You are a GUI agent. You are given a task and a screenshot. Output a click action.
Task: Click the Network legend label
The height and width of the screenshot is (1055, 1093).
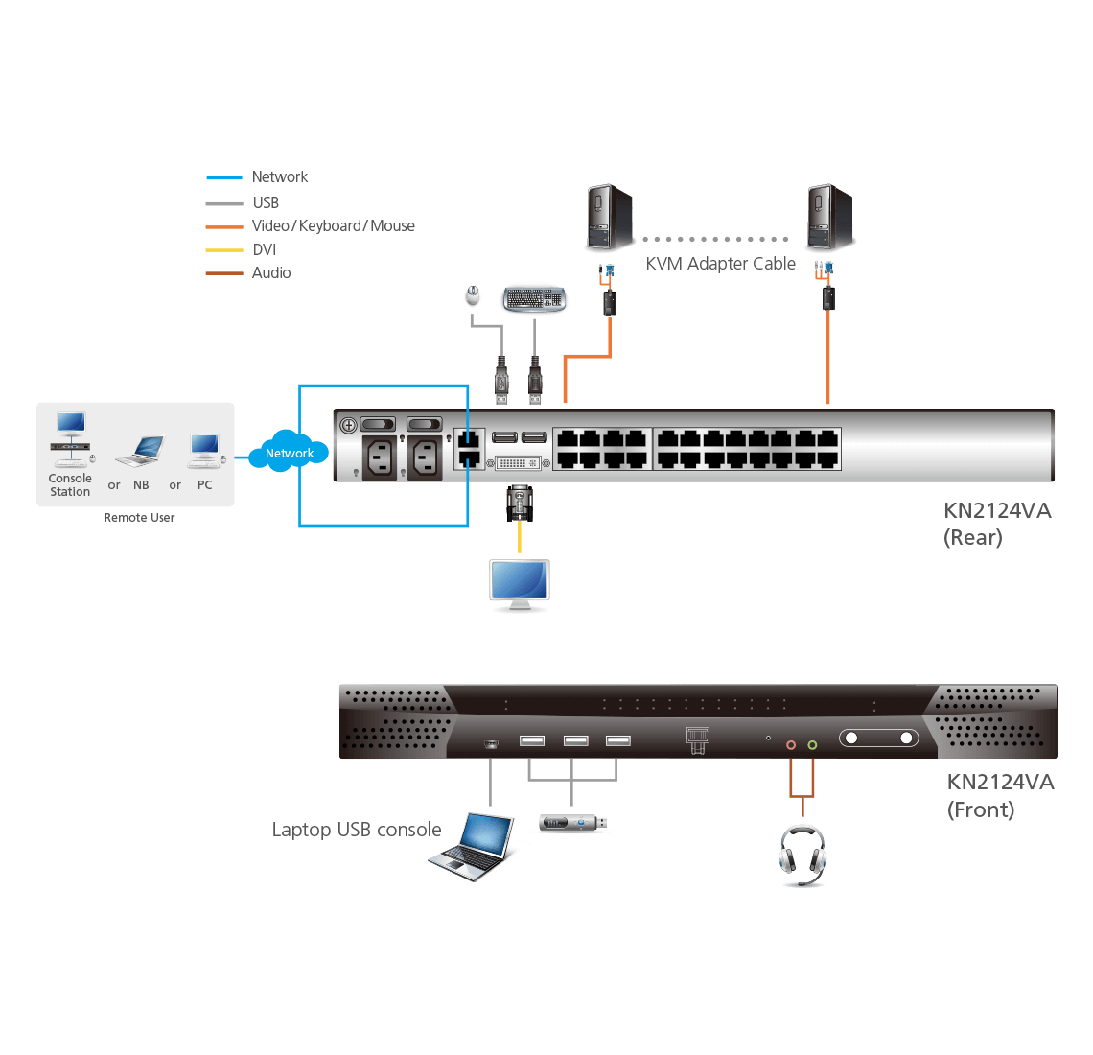click(280, 177)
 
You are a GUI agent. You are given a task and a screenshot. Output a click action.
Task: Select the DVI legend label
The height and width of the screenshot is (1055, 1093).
click(265, 249)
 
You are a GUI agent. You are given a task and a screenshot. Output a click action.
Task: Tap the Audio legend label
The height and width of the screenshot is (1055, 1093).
click(271, 273)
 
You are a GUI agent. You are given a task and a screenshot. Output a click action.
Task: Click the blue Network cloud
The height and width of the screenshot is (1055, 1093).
click(289, 454)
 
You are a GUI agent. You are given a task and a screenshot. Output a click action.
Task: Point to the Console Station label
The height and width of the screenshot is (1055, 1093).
click(70, 485)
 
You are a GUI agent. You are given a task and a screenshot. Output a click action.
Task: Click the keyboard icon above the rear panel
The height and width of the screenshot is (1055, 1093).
click(534, 298)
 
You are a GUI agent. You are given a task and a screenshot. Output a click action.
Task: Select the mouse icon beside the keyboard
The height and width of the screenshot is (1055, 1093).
click(473, 296)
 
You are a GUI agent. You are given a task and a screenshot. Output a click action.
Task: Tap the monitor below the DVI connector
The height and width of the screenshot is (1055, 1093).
click(520, 584)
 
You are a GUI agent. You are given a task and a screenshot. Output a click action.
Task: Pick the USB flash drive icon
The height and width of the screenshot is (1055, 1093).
click(572, 823)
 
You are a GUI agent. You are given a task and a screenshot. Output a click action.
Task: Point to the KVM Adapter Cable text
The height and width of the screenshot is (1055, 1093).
click(720, 264)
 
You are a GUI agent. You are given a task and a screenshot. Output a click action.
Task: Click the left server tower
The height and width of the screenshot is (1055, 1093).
click(609, 219)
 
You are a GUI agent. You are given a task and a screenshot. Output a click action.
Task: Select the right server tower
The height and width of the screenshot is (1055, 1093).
click(829, 219)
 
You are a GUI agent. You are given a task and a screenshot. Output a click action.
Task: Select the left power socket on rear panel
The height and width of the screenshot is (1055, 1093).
click(380, 457)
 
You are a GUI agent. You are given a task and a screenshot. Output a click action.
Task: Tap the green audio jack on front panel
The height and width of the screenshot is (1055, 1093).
click(812, 744)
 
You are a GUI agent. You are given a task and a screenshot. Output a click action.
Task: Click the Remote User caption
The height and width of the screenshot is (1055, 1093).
click(139, 518)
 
